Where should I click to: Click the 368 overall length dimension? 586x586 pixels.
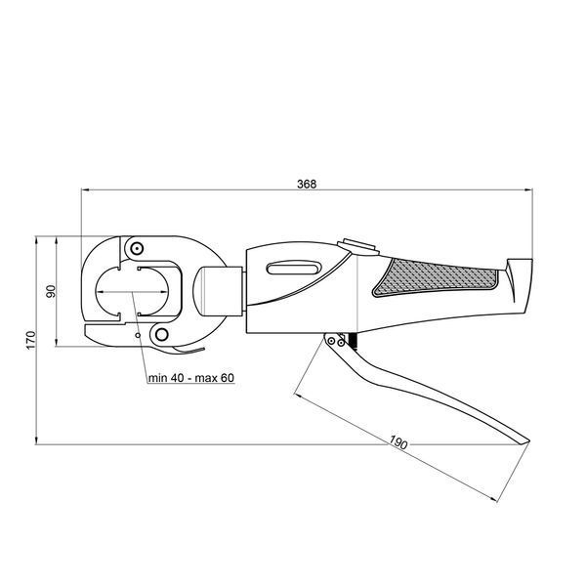coord(307,184)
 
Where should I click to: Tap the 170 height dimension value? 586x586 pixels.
coord(30,340)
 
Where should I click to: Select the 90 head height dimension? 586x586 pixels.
coord(51,291)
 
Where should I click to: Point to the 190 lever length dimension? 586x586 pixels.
coord(398,442)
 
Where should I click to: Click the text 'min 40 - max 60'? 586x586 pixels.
coord(191,378)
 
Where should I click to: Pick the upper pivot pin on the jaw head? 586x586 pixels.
coord(137,248)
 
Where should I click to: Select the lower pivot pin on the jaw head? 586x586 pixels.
coord(161,334)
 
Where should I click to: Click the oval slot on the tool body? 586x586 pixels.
coord(294,269)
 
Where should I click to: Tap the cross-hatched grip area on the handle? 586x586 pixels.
coord(436,277)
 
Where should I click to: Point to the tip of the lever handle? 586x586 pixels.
coord(529,441)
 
